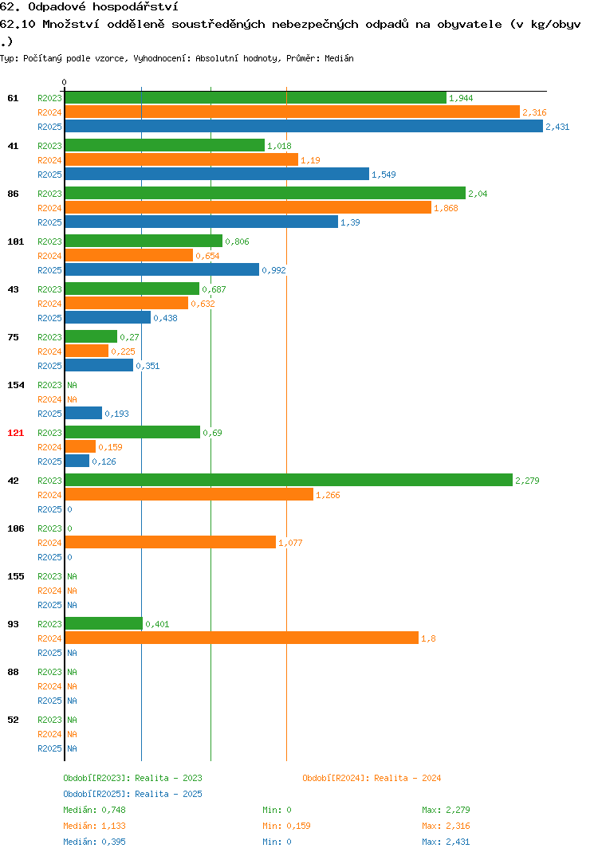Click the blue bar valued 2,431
[x=305, y=127]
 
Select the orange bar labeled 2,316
[x=293, y=112]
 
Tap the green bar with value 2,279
[x=289, y=481]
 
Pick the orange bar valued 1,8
[x=242, y=638]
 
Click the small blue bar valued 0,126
[x=77, y=461]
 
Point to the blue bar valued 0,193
[x=84, y=414]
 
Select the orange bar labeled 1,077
[x=171, y=543]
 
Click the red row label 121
[x=16, y=433]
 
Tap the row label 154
[x=16, y=385]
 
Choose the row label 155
[x=16, y=576]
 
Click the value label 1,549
[x=384, y=175]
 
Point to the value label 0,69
[x=212, y=433]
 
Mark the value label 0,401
[x=157, y=624]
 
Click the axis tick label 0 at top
[x=65, y=82]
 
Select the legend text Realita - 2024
[x=407, y=778]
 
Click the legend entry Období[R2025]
[x=96, y=794]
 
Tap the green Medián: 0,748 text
[x=94, y=810]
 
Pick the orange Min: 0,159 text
[x=286, y=826]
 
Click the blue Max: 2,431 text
[x=446, y=842]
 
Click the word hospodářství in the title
[x=135, y=7]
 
